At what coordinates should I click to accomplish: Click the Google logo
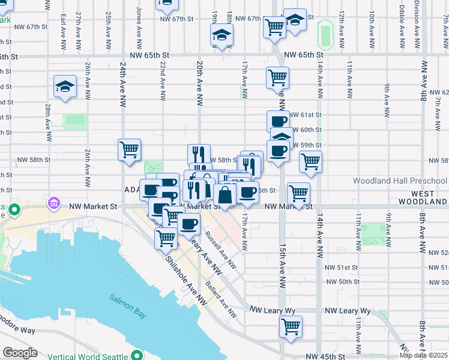(x=20, y=353)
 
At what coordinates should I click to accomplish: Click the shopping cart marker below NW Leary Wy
(x=291, y=327)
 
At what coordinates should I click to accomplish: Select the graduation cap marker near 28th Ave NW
(x=65, y=86)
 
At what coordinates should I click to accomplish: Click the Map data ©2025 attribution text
(x=424, y=355)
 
